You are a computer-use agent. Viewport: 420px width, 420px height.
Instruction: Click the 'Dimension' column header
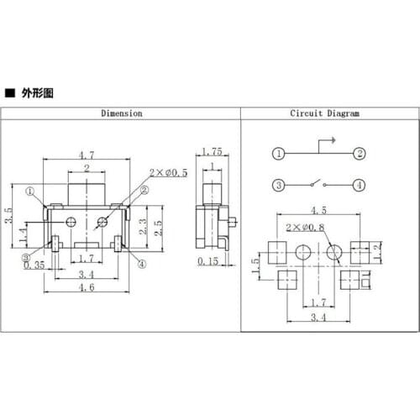click(122, 113)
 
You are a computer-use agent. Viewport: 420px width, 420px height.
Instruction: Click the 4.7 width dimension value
click(87, 155)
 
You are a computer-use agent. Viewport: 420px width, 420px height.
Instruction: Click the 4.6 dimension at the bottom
click(87, 286)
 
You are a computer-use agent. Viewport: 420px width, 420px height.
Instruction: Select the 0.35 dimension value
click(35, 265)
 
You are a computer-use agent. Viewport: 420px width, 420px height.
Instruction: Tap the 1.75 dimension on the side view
click(211, 152)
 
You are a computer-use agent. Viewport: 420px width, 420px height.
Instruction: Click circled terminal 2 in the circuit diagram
click(359, 153)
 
